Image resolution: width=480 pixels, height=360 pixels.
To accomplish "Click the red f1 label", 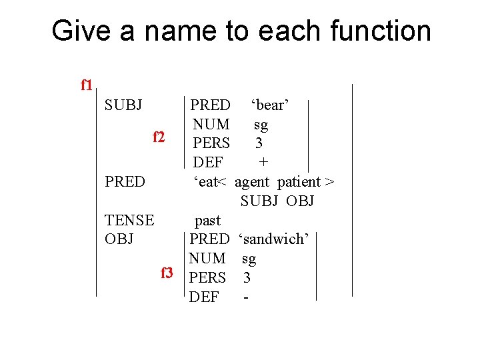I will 86,85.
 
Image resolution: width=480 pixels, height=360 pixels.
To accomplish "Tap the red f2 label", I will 159,137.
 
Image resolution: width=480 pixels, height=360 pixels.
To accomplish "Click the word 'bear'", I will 269,105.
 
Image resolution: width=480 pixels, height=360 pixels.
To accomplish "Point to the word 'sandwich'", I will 273,239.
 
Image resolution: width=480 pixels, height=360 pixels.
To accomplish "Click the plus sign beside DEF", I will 264,162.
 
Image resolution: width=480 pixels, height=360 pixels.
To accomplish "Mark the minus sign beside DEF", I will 247,297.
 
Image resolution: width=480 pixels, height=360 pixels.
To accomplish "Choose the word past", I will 207,220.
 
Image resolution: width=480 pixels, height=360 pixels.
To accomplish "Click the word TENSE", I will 129,220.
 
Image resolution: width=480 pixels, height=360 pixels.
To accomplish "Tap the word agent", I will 253,181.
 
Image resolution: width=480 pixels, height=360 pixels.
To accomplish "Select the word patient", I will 299,181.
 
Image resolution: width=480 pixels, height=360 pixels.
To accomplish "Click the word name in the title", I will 176,31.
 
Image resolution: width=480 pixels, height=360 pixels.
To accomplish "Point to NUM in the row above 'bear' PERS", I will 211,125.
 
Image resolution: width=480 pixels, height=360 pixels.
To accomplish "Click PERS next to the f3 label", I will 207,277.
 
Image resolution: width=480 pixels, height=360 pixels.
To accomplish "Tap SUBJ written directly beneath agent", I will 259,201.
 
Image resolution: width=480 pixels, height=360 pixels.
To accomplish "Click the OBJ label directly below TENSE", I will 119,239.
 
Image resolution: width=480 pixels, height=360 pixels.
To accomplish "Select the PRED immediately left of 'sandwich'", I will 209,239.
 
